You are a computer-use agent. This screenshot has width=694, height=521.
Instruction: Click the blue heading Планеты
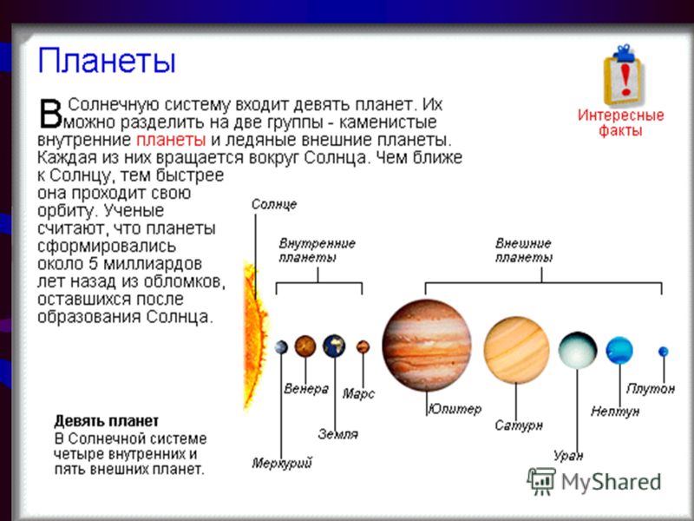click(107, 61)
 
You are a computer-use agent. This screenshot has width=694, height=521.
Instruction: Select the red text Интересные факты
click(620, 122)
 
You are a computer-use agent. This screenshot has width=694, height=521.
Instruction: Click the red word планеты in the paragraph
click(171, 140)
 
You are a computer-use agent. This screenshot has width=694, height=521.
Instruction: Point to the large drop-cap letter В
click(50, 114)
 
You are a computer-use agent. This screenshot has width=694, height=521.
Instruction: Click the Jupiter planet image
click(427, 345)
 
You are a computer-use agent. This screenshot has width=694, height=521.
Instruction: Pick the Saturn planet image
click(516, 350)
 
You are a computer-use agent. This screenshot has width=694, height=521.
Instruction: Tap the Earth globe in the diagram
click(334, 346)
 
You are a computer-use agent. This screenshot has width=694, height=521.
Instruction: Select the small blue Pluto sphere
click(663, 352)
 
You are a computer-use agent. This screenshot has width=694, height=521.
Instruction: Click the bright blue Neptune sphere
click(619, 350)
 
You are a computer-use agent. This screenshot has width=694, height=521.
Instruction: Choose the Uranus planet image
click(578, 350)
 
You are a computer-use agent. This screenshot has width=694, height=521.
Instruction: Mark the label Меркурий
click(282, 464)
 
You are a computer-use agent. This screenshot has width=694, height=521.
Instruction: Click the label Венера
click(306, 389)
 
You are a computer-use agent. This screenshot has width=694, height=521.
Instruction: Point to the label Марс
click(358, 394)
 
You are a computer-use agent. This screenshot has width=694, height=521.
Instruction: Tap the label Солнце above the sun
click(274, 204)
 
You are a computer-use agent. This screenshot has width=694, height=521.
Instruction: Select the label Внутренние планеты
click(317, 250)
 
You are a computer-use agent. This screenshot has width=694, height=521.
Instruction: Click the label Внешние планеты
click(524, 250)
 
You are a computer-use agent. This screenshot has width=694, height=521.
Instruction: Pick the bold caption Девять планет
click(106, 420)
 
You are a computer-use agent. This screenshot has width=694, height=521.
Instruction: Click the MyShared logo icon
click(541, 482)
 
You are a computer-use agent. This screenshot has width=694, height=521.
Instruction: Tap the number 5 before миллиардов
click(93, 264)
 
